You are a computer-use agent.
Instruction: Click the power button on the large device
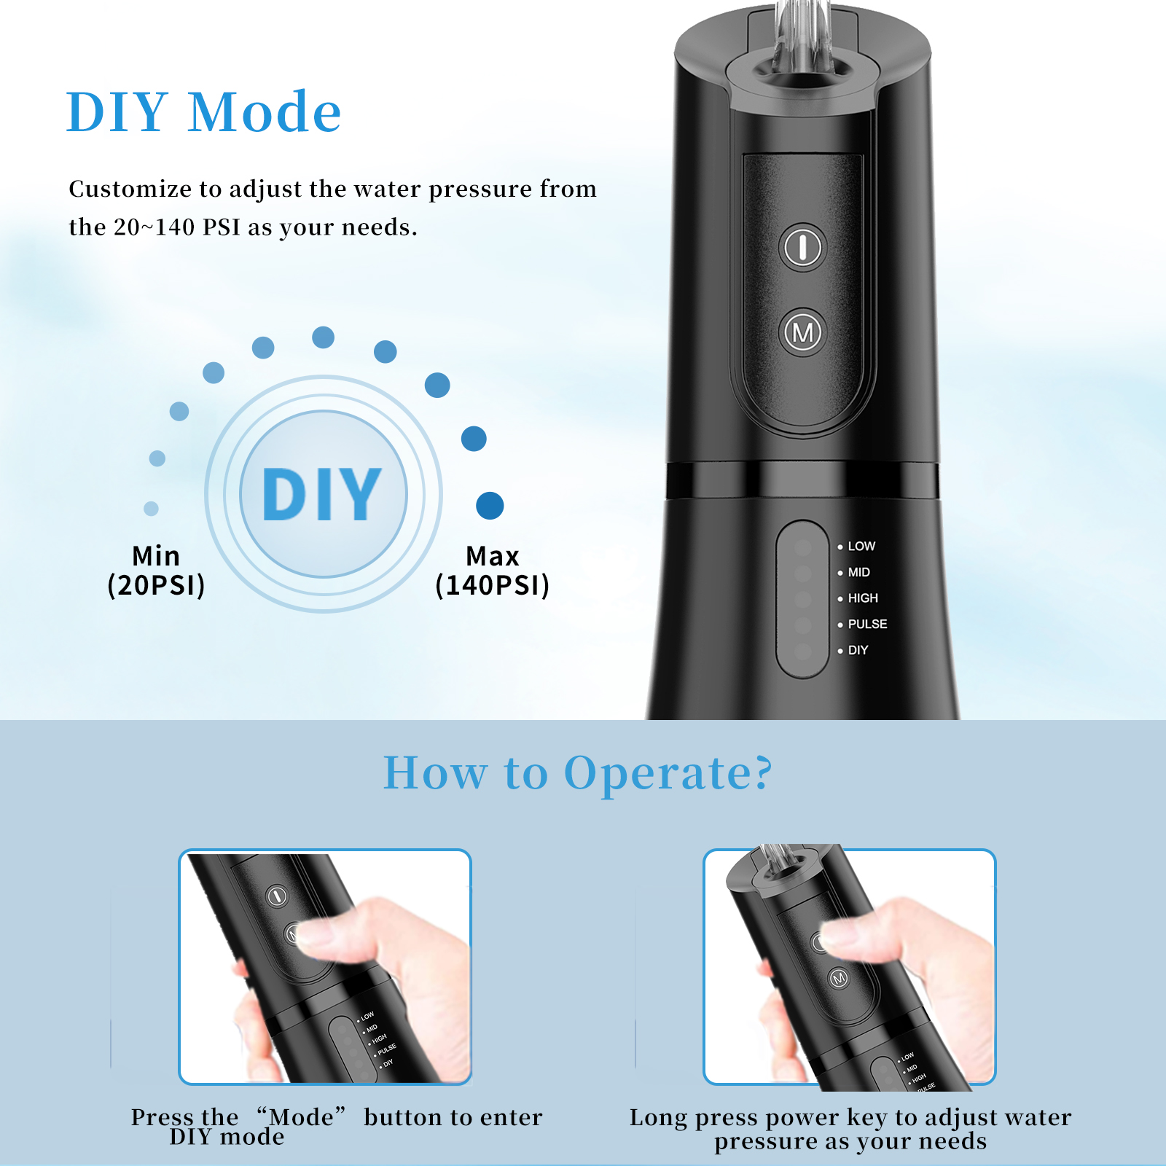pyautogui.click(x=803, y=246)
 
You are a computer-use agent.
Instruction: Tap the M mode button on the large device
pyautogui.click(x=803, y=332)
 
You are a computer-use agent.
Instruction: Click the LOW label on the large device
pyautogui.click(x=861, y=546)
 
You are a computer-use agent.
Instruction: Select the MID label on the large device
pyautogui.click(x=858, y=572)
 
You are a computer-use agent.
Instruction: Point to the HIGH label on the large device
pyautogui.click(x=863, y=598)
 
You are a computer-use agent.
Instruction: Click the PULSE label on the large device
pyautogui.click(x=867, y=624)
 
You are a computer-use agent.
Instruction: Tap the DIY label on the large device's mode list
pyautogui.click(x=858, y=650)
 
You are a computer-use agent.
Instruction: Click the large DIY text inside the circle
pyautogui.click(x=321, y=494)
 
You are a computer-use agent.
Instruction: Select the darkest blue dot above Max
pyautogui.click(x=490, y=506)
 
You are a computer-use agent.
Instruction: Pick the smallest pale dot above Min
pyautogui.click(x=151, y=508)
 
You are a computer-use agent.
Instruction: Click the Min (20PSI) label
pyautogui.click(x=156, y=571)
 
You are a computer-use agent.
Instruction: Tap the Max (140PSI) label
pyautogui.click(x=492, y=571)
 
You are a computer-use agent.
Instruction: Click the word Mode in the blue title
pyautogui.click(x=265, y=112)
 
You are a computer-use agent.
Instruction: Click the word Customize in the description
pyautogui.click(x=130, y=189)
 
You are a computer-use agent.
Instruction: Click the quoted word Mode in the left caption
pyautogui.click(x=301, y=1116)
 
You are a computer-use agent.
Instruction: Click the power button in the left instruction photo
pyautogui.click(x=277, y=896)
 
